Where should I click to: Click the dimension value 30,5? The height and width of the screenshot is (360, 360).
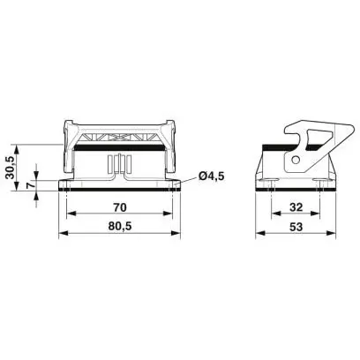pyautogui.click(x=10, y=168)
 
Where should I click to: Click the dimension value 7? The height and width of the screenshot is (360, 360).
pyautogui.click(x=29, y=185)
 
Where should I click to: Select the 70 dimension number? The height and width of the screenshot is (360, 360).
pyautogui.click(x=120, y=207)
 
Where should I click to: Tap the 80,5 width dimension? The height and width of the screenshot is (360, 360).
pyautogui.click(x=120, y=226)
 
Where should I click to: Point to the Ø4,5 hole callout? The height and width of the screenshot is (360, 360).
pyautogui.click(x=212, y=176)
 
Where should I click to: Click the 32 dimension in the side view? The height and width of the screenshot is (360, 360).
pyautogui.click(x=296, y=207)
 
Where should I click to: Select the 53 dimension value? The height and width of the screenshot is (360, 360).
pyautogui.click(x=296, y=227)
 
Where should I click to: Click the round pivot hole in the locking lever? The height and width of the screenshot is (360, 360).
pyautogui.click(x=296, y=160)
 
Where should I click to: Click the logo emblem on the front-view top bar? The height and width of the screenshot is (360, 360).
pyautogui.click(x=117, y=137)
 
